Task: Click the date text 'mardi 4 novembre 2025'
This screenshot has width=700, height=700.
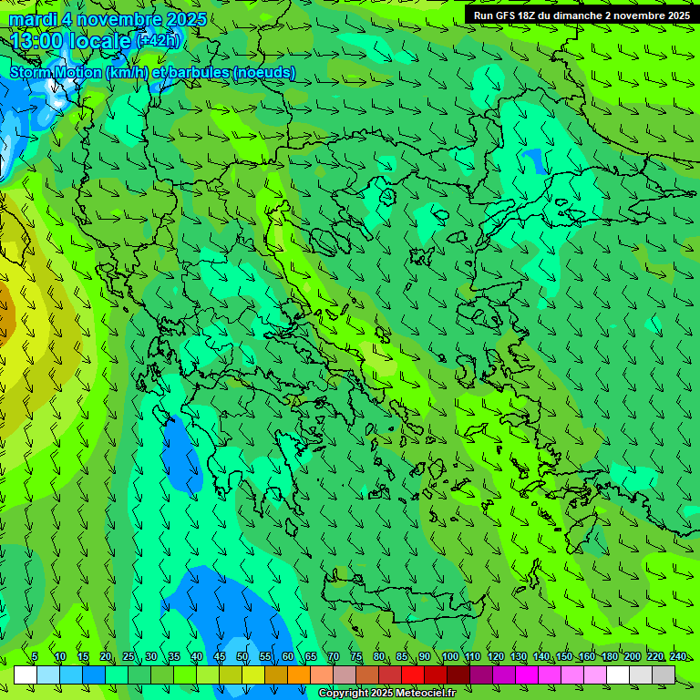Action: click(108, 19)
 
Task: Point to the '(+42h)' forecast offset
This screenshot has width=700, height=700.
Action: click(159, 40)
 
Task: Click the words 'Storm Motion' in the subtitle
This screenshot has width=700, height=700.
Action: click(56, 72)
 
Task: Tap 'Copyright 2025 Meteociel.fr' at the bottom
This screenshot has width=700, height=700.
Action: click(386, 693)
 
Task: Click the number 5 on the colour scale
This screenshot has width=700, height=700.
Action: click(35, 656)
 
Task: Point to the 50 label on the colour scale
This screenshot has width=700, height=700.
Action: click(242, 656)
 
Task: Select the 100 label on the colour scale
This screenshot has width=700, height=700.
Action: click(449, 656)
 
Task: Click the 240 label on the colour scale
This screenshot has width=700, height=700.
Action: click(677, 656)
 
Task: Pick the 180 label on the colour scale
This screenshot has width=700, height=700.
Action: click(609, 656)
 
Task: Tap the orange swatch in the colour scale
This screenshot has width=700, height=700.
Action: click(299, 674)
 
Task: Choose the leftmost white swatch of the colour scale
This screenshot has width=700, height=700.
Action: click(26, 674)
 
